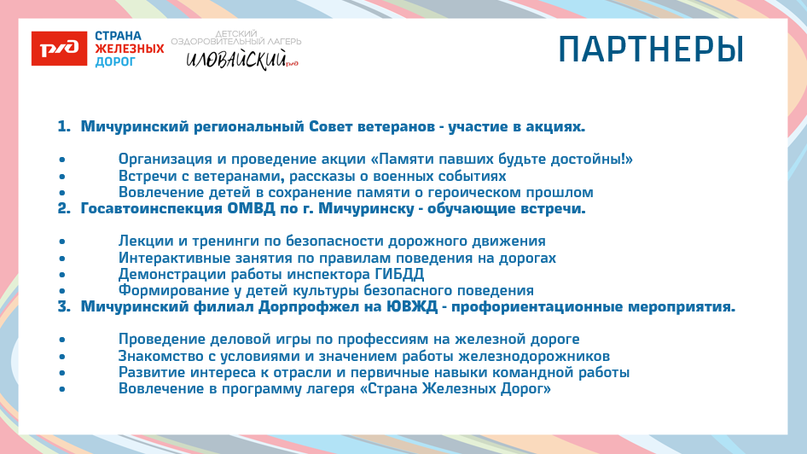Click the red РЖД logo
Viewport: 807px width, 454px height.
(x=59, y=49)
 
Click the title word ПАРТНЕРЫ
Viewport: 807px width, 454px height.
(x=651, y=49)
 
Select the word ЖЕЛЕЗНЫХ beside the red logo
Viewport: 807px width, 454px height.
(x=129, y=49)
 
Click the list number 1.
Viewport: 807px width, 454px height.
(x=62, y=127)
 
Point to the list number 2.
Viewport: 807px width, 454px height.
(x=63, y=208)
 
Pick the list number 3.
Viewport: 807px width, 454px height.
(x=63, y=306)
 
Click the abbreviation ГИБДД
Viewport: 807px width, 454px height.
(x=400, y=274)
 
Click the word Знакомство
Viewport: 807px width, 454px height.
(x=160, y=356)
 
